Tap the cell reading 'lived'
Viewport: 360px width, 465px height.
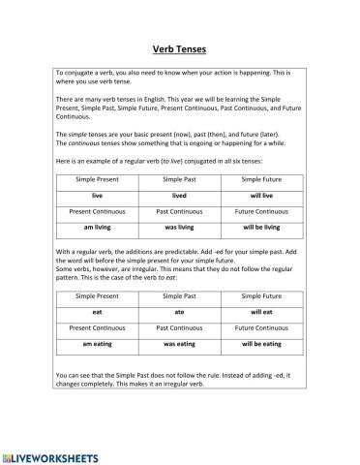179,195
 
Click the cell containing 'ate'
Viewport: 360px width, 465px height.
179,313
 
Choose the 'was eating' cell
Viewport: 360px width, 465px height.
179,344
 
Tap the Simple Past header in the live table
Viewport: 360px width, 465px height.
179,179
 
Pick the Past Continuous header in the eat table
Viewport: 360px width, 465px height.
179,328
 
